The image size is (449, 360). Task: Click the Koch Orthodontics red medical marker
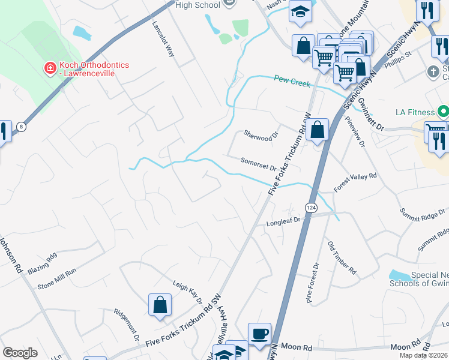(x=50, y=69)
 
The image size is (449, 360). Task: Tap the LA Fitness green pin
(x=443, y=112)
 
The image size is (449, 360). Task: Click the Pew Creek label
(x=292, y=80)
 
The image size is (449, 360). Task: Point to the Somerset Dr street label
(x=258, y=164)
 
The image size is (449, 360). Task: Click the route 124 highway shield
(x=311, y=207)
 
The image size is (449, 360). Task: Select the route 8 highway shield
(x=22, y=127)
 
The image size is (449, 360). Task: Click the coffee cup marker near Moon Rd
(x=259, y=334)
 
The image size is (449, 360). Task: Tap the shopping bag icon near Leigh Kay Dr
(x=160, y=304)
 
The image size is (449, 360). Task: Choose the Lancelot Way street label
(x=163, y=40)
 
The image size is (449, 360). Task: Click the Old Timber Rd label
(x=340, y=257)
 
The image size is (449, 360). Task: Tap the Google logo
(x=20, y=352)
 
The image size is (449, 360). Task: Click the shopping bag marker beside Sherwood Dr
(x=317, y=130)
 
